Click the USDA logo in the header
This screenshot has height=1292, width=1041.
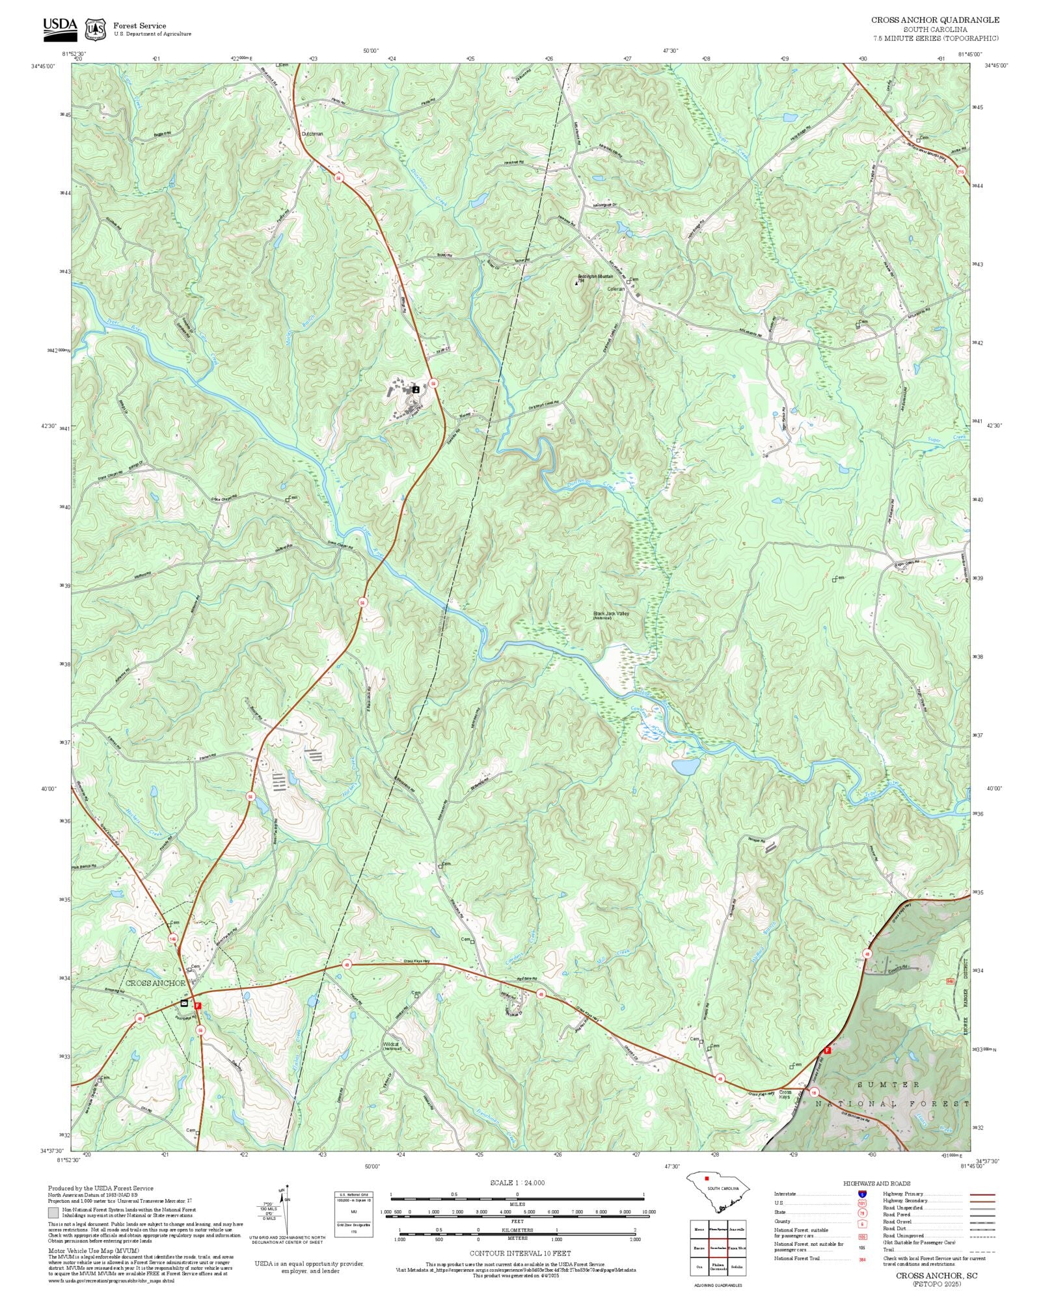pos(60,27)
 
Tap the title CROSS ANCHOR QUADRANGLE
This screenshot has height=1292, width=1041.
pos(935,20)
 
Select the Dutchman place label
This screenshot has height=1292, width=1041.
pos(312,134)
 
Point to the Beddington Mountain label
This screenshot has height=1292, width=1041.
pos(595,276)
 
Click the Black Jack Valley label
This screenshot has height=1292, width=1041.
pos(611,613)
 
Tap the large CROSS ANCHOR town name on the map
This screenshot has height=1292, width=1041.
pos(155,983)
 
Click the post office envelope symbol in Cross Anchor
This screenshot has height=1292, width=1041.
pos(184,1003)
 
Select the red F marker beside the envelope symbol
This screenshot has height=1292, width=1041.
pos(198,1005)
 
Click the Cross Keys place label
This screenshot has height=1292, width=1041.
pos(785,1095)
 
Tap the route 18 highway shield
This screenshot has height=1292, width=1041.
pos(813,1092)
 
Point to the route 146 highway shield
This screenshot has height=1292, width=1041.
pos(172,939)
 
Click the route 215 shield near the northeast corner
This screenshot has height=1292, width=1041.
pos(960,172)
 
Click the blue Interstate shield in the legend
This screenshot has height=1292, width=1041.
pos(862,1194)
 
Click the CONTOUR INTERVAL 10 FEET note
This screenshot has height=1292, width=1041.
pos(520,1253)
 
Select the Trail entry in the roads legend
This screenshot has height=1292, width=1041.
pos(888,1250)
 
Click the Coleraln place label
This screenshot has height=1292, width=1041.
pos(615,289)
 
